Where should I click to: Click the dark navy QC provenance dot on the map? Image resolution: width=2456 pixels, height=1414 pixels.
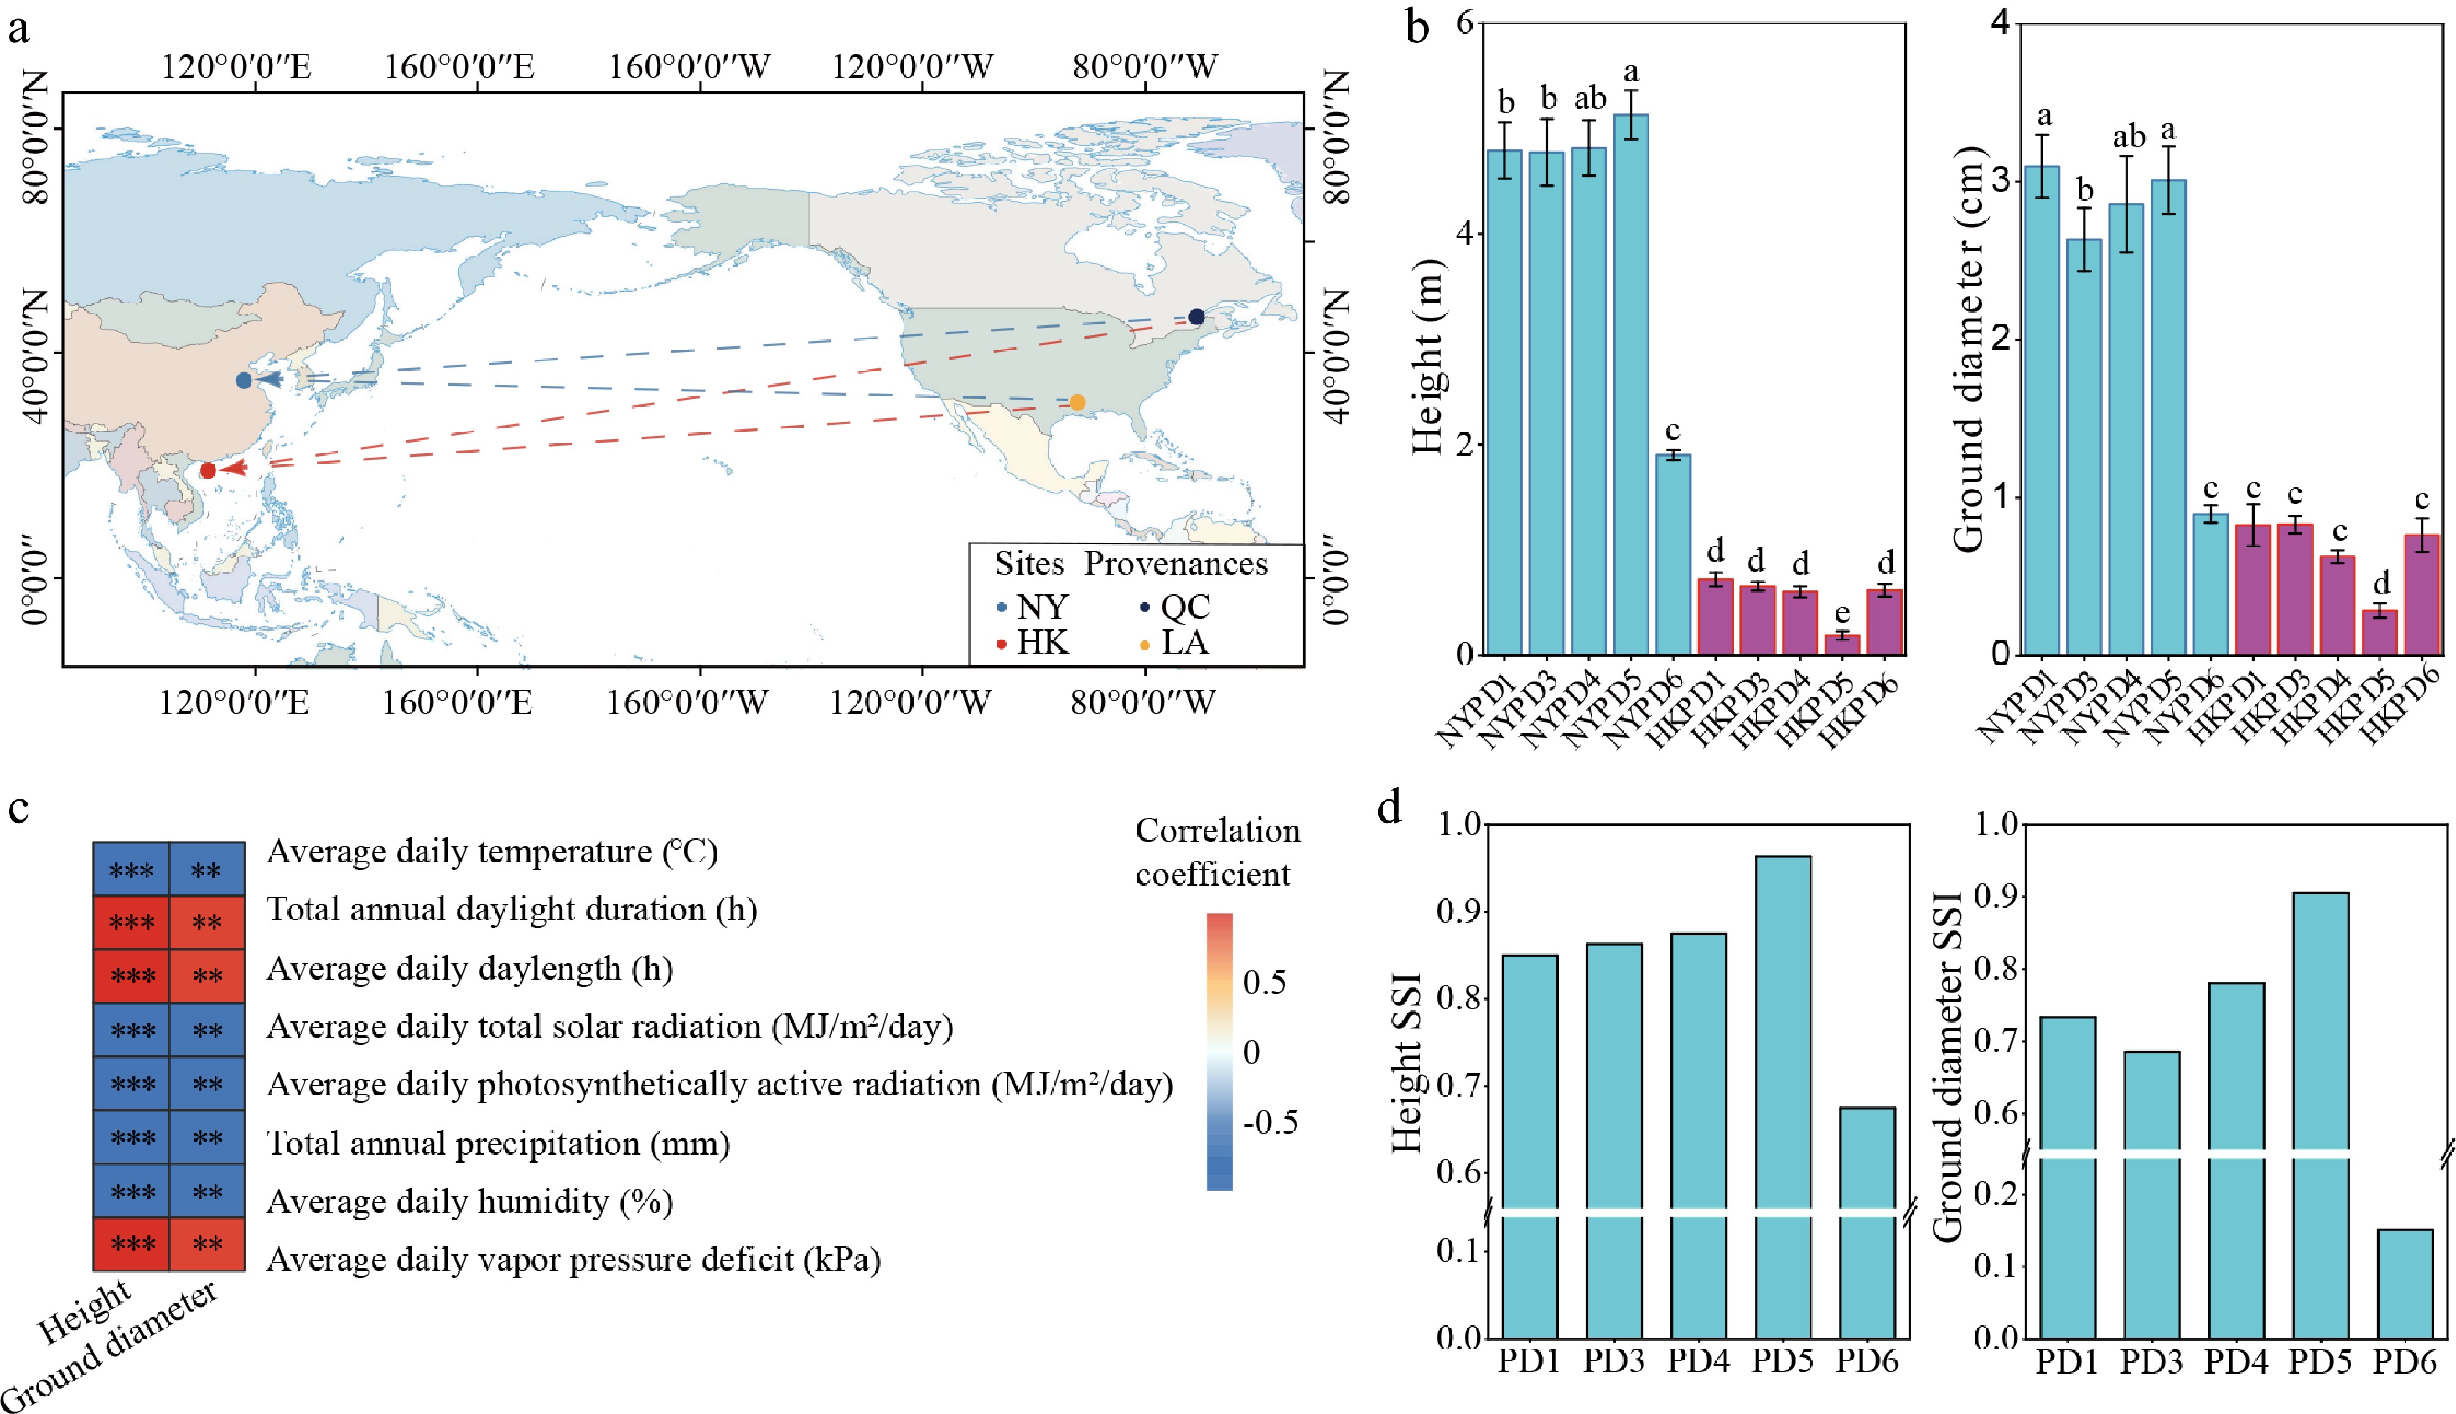click(1196, 317)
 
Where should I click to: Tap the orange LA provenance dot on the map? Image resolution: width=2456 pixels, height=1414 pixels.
click(1077, 402)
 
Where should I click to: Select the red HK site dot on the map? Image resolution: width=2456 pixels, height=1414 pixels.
click(208, 471)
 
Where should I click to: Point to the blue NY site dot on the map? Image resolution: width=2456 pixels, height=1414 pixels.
click(244, 380)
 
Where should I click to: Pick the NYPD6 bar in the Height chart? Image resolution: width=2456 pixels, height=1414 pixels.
click(1673, 555)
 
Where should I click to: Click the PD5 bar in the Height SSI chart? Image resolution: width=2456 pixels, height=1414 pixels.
click(1783, 1097)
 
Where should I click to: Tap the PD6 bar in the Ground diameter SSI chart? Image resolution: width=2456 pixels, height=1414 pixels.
click(2405, 1284)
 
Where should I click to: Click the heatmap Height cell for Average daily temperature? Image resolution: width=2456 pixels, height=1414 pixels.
click(131, 869)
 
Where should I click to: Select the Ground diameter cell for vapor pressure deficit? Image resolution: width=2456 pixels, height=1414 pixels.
click(207, 1244)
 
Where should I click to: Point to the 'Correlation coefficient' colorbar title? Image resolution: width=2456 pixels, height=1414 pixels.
click(1217, 852)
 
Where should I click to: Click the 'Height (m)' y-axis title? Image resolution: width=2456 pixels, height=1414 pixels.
click(1427, 357)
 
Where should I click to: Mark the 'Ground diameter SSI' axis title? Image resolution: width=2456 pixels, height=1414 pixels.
click(1948, 1067)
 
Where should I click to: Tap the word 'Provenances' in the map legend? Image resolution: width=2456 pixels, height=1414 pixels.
click(1176, 564)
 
